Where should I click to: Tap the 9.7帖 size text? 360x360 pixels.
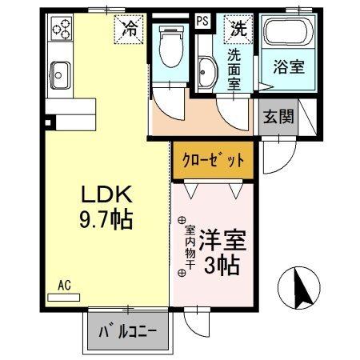[x=106, y=218]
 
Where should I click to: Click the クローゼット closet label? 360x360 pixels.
[x=214, y=160]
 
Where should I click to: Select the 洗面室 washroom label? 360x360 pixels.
[x=235, y=70]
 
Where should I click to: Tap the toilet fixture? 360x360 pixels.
[x=170, y=48]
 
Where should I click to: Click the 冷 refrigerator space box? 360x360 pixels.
[x=129, y=29]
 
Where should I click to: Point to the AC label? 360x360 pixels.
[x=63, y=285]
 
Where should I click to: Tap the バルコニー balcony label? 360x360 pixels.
[x=129, y=331]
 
